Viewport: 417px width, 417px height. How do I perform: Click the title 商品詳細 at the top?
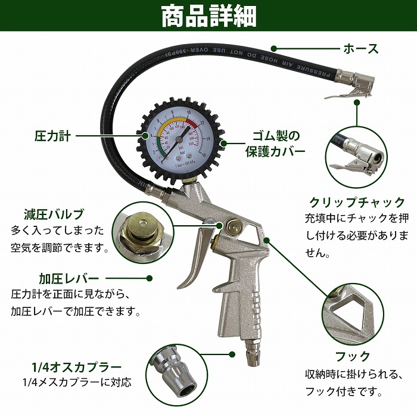tap(208, 17)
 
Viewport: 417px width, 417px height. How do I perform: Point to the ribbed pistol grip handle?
tap(238, 304)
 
